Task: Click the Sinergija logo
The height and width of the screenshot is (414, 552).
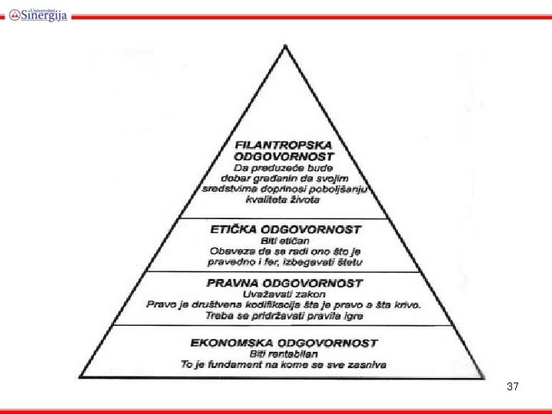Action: coord(38,13)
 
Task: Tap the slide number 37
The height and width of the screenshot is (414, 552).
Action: coord(513,387)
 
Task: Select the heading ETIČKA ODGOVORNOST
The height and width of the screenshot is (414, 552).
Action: coord(285,228)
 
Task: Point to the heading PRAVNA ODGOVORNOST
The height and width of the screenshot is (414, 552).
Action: coord(284,283)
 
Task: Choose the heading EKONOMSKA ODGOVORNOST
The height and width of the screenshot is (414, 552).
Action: coord(284,342)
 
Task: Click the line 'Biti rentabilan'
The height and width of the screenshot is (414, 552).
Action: coord(284,353)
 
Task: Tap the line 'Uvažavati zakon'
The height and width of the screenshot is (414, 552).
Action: coord(284,294)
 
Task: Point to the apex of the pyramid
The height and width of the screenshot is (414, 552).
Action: coord(285,45)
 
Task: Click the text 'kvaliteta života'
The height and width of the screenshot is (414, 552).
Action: coord(283,199)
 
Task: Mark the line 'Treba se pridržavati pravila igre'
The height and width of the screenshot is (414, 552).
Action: coord(284,316)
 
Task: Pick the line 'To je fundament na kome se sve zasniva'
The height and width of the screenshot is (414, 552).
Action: coord(284,364)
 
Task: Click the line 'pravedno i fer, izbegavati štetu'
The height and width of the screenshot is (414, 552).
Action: coord(285,261)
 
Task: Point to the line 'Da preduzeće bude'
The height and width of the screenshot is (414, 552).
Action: coord(284,166)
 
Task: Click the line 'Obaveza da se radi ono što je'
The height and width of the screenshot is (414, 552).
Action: coord(285,250)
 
